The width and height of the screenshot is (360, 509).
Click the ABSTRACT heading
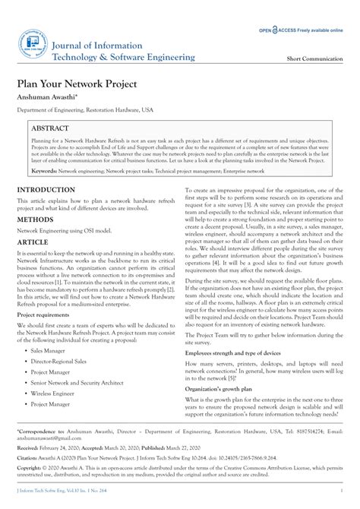(50, 129)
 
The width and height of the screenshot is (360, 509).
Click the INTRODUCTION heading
(46, 210)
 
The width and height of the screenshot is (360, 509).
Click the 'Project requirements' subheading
(48, 335)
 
